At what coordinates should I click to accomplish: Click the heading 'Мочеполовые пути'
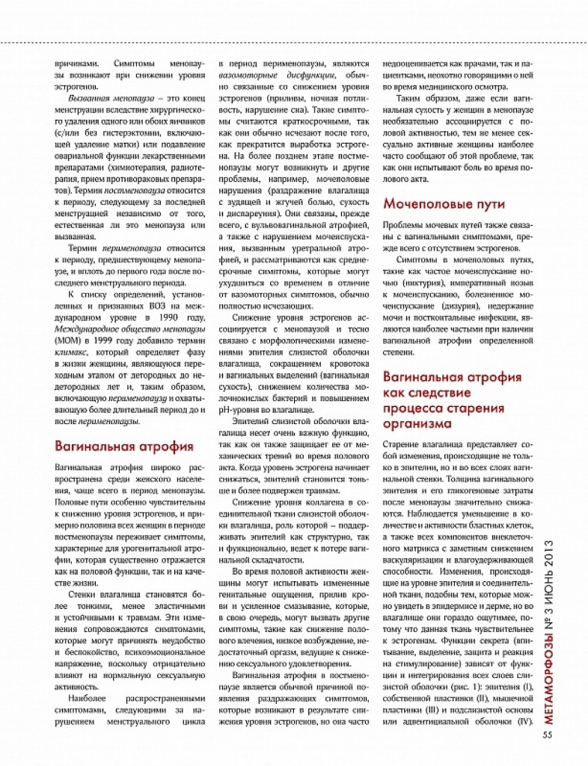click(444, 203)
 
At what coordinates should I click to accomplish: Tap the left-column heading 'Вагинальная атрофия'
click(124, 447)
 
